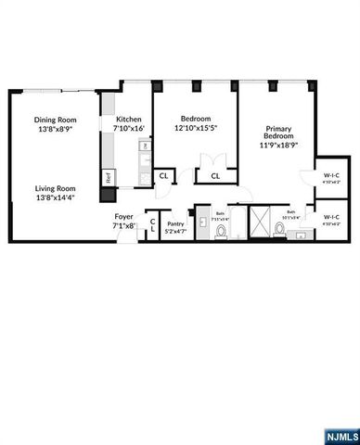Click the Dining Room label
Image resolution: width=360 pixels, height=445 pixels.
[55, 120]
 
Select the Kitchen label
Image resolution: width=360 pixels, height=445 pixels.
[129, 120]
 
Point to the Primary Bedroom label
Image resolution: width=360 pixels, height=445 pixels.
[278, 132]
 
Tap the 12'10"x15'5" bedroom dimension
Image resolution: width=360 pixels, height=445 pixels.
[196, 129]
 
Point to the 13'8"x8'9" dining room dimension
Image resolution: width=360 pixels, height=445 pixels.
[55, 130]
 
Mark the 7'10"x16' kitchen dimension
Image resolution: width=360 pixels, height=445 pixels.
[129, 130]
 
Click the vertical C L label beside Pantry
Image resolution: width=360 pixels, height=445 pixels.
[152, 226]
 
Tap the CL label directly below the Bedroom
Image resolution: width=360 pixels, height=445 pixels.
[213, 175]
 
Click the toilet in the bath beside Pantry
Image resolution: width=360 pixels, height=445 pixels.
[220, 233]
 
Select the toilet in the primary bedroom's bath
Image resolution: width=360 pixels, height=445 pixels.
[279, 232]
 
